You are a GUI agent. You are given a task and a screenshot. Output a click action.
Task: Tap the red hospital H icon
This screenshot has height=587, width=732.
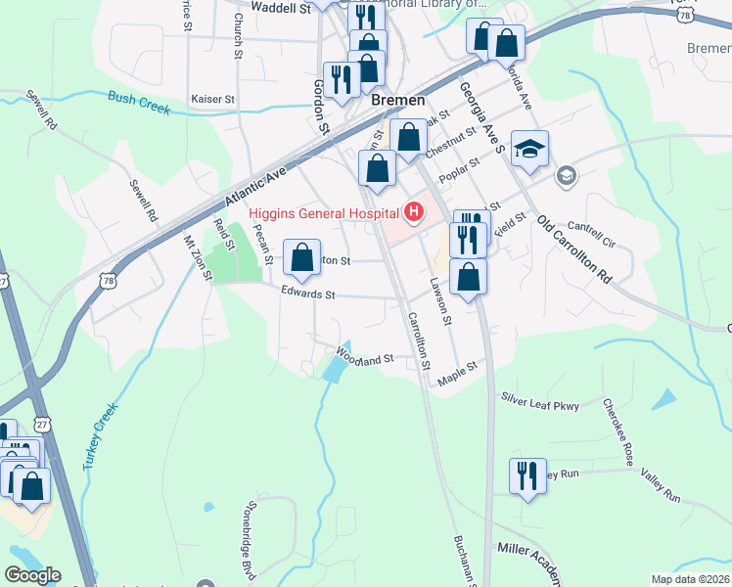(x=414, y=211)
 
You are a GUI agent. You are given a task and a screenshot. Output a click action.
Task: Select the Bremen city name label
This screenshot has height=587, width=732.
(x=397, y=101)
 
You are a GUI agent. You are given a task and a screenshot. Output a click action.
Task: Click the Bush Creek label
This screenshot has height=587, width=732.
(x=139, y=101)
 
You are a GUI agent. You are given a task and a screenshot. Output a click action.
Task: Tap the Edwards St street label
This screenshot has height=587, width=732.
(x=308, y=293)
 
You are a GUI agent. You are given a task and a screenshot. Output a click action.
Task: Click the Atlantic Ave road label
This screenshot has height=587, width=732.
(x=253, y=185)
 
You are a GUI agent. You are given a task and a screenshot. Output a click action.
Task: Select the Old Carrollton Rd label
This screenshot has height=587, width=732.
(x=575, y=250)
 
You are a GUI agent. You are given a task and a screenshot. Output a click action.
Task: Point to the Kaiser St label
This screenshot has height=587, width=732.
(x=213, y=100)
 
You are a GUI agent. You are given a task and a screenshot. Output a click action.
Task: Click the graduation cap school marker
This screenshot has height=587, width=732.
(x=529, y=149)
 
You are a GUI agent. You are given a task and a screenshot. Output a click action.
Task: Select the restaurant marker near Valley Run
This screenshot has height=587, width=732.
(x=527, y=476)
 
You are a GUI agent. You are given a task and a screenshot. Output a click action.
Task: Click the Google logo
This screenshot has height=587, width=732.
(x=32, y=575)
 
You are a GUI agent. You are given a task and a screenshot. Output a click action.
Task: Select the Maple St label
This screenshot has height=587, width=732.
(x=457, y=371)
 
